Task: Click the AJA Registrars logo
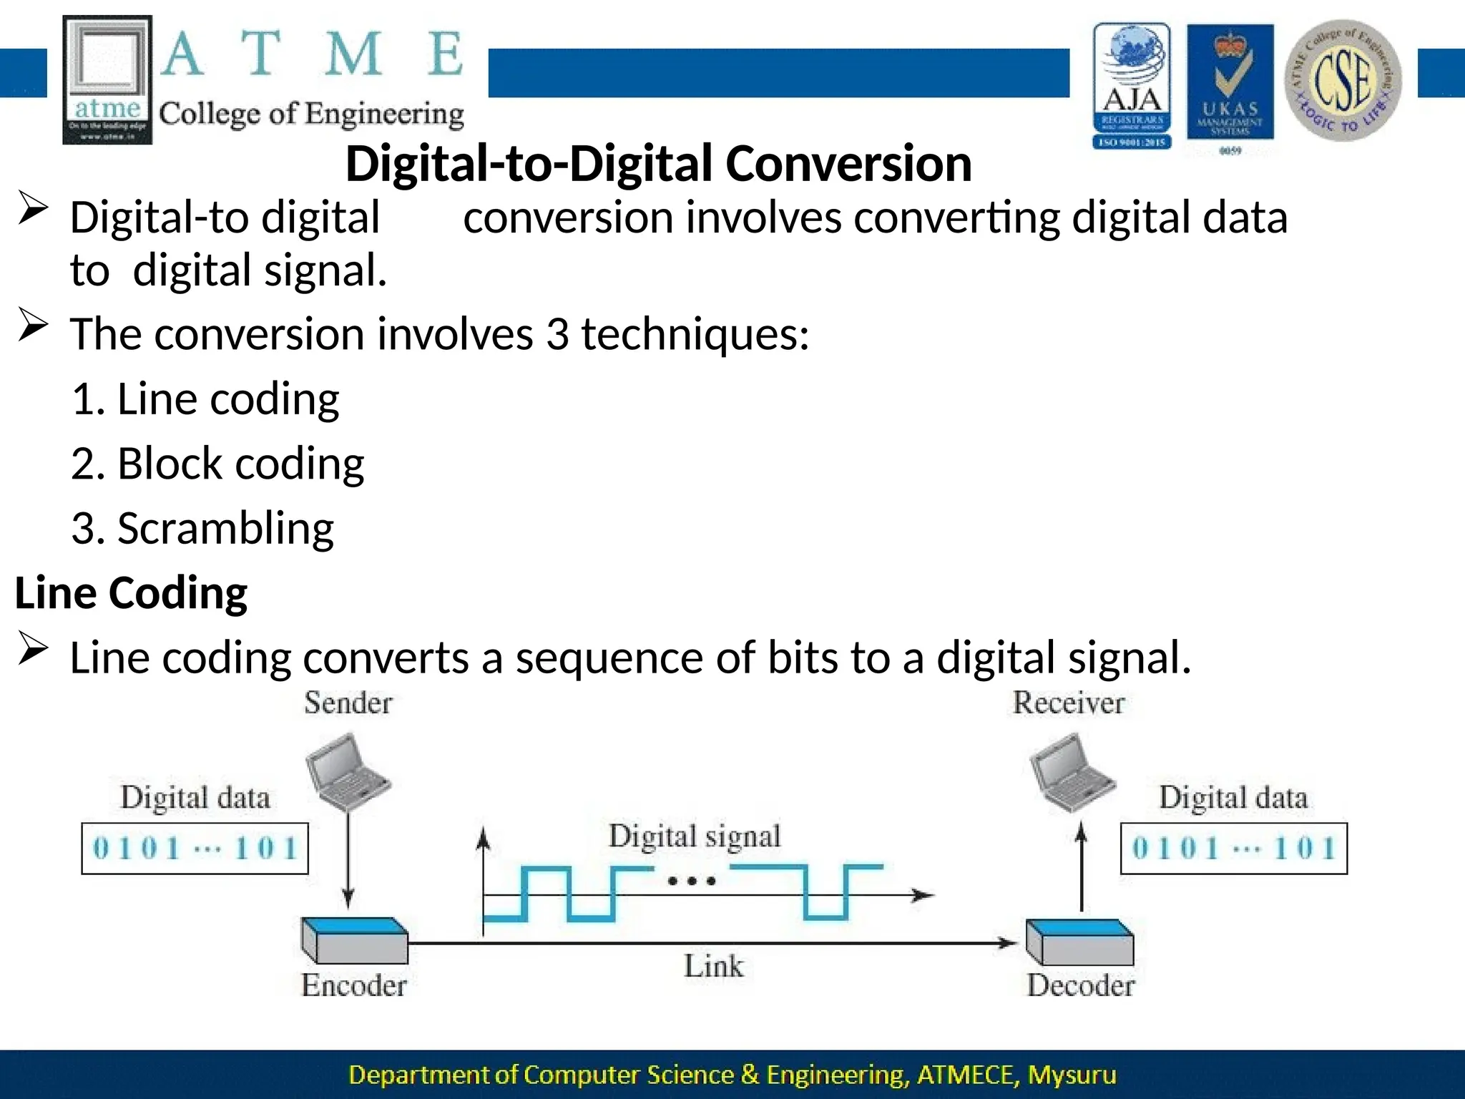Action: tap(1132, 85)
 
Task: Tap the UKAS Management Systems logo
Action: tap(1230, 87)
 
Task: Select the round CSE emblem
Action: tap(1343, 81)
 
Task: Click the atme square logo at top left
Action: tap(107, 79)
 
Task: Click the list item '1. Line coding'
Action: tap(205, 399)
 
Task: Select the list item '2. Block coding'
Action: tap(217, 464)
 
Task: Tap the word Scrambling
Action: tap(225, 529)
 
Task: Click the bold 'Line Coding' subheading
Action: tap(131, 593)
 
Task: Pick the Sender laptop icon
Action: tap(346, 769)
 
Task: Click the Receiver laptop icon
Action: tap(1071, 772)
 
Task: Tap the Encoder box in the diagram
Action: tap(355, 940)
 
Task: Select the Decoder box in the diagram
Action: tap(1080, 942)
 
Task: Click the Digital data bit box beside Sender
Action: tap(195, 849)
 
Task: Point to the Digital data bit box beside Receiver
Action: tap(1233, 849)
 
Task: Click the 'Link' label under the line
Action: tap(713, 967)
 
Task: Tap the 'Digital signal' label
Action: tap(694, 836)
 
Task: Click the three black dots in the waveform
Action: tap(692, 881)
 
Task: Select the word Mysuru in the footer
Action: tap(1072, 1075)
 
